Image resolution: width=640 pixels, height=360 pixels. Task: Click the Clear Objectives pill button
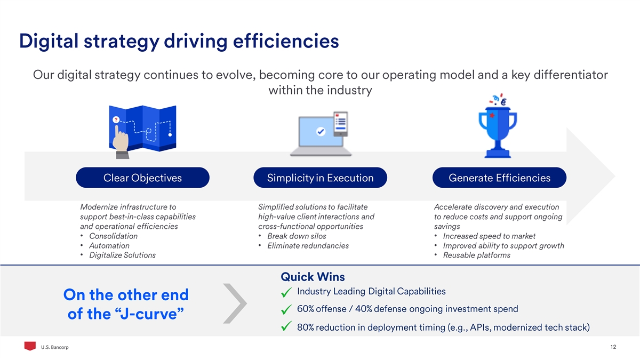(x=142, y=178)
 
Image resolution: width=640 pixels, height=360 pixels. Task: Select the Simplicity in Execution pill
(x=321, y=178)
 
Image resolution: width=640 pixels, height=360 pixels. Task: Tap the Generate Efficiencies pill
(x=499, y=178)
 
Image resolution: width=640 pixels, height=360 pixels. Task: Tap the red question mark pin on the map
(x=116, y=120)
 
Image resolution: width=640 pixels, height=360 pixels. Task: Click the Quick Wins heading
(x=313, y=277)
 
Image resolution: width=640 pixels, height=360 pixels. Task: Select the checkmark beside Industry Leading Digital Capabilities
(x=286, y=292)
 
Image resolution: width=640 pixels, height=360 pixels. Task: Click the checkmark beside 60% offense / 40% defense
(x=286, y=310)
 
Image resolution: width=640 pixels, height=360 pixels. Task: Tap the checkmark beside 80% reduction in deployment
(x=286, y=327)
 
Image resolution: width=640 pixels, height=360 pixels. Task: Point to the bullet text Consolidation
(x=113, y=236)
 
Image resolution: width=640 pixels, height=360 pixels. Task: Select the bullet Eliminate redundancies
(x=308, y=246)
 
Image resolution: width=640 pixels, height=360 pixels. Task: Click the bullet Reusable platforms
(x=476, y=255)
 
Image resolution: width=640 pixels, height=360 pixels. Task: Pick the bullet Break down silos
(x=297, y=236)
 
